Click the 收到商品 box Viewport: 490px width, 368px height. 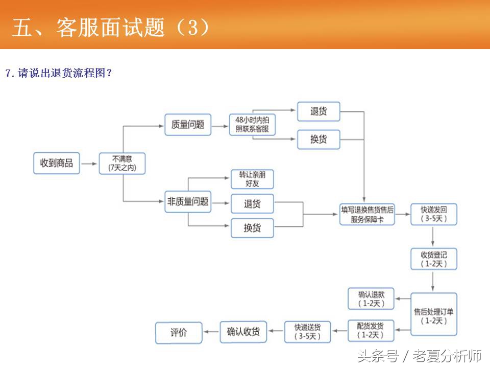pyautogui.click(x=57, y=164)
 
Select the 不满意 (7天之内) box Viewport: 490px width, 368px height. pyautogui.click(x=122, y=164)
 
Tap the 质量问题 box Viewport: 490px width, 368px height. pyautogui.click(x=188, y=124)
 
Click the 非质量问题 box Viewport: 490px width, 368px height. pyautogui.click(x=188, y=202)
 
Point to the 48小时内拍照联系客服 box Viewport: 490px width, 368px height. pyautogui.click(x=252, y=124)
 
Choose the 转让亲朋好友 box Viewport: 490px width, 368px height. pyautogui.click(x=252, y=179)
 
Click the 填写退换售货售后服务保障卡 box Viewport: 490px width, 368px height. pyautogui.click(x=367, y=214)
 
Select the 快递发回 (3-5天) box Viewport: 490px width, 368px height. pyautogui.click(x=434, y=214)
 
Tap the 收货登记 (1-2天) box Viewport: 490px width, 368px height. pyautogui.click(x=434, y=259)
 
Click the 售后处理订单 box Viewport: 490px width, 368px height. pyautogui.click(x=434, y=314)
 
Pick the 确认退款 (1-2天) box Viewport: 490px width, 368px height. pyautogui.click(x=372, y=298)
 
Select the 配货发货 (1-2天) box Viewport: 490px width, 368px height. pyautogui.click(x=372, y=331)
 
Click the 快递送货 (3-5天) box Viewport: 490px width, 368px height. pyautogui.click(x=307, y=332)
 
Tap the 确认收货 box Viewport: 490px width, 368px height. pyautogui.click(x=243, y=332)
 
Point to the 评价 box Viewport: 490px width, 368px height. pyautogui.click(x=179, y=332)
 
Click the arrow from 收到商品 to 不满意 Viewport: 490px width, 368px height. pyautogui.click(x=89, y=164)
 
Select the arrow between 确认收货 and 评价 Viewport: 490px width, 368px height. pyautogui.click(x=211, y=332)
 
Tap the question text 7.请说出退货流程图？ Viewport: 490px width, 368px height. pyautogui.click(x=59, y=73)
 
